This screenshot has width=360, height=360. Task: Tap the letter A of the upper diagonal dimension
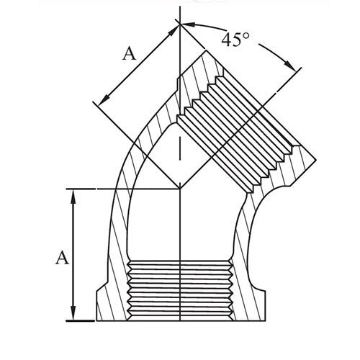click(x=129, y=53)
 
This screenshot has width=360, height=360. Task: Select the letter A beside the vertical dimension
click(x=61, y=257)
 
